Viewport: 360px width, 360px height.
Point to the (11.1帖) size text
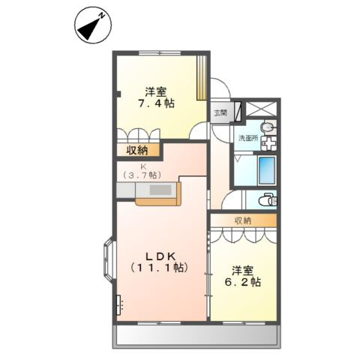(x=158, y=268)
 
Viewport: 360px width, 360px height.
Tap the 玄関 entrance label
(x=220, y=114)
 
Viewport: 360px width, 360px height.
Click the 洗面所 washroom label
(x=247, y=139)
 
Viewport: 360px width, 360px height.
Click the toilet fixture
(x=269, y=200)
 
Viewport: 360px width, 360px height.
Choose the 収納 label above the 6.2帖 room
(x=242, y=220)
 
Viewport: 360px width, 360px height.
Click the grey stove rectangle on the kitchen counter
(x=160, y=191)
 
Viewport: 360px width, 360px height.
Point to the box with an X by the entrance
(x=238, y=111)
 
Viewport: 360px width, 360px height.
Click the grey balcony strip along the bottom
(x=196, y=336)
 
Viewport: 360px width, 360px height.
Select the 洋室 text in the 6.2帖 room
(x=241, y=269)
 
